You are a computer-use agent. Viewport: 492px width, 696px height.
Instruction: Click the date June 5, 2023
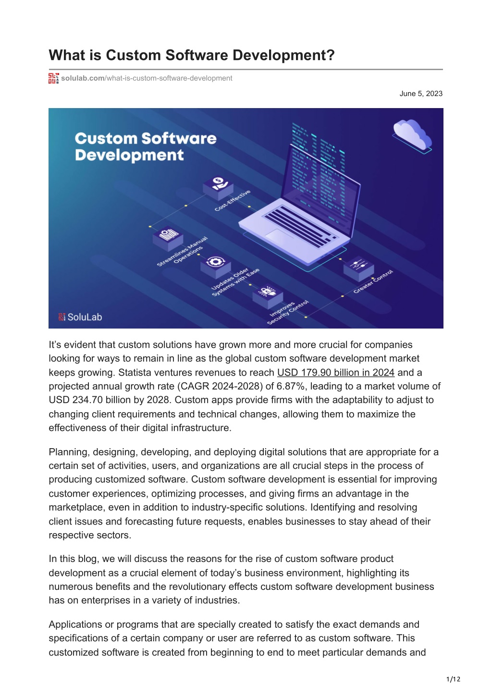(x=420, y=94)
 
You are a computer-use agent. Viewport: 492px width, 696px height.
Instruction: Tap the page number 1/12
(x=453, y=680)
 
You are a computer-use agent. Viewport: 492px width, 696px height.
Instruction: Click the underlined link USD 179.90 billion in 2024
(x=336, y=372)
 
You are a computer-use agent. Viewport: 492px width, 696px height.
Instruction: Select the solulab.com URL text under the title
(x=147, y=78)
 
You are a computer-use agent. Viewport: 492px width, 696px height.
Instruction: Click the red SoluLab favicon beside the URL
(x=53, y=78)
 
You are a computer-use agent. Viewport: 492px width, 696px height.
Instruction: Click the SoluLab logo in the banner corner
(x=80, y=317)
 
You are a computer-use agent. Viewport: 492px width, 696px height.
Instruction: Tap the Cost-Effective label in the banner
(x=233, y=200)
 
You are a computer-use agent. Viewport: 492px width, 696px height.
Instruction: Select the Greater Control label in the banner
(x=373, y=281)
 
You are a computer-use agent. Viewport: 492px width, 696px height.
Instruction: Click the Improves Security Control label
(x=288, y=312)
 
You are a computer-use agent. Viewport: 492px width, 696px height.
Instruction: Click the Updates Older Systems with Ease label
(x=235, y=282)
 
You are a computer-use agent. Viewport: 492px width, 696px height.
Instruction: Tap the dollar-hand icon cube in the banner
(x=218, y=187)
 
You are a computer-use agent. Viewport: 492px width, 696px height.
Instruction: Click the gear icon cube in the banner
(x=215, y=266)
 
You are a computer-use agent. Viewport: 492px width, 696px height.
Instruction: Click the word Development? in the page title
(x=283, y=55)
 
